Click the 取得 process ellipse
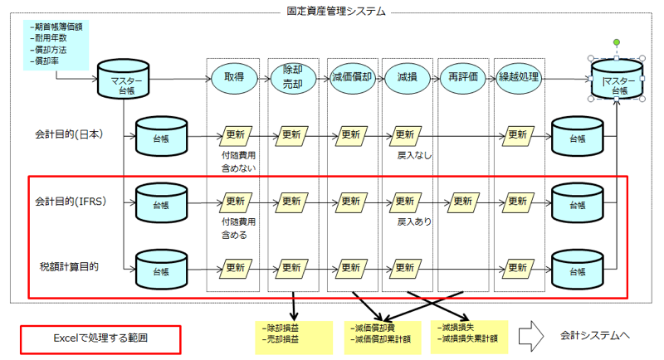(234, 77)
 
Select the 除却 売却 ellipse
(293, 78)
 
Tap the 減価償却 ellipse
(352, 77)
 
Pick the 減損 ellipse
(407, 77)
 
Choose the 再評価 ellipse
(463, 77)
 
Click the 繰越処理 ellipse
(519, 77)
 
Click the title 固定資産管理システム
(336, 11)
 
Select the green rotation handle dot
(617, 42)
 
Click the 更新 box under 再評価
(463, 202)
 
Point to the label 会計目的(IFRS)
(71, 202)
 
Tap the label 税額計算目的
(69, 267)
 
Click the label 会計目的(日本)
(69, 134)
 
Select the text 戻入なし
(414, 156)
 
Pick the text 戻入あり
(414, 221)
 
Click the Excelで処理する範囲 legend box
(100, 339)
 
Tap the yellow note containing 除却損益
(294, 337)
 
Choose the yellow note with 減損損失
(469, 337)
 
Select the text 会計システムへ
(595, 336)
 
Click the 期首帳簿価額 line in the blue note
(56, 27)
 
